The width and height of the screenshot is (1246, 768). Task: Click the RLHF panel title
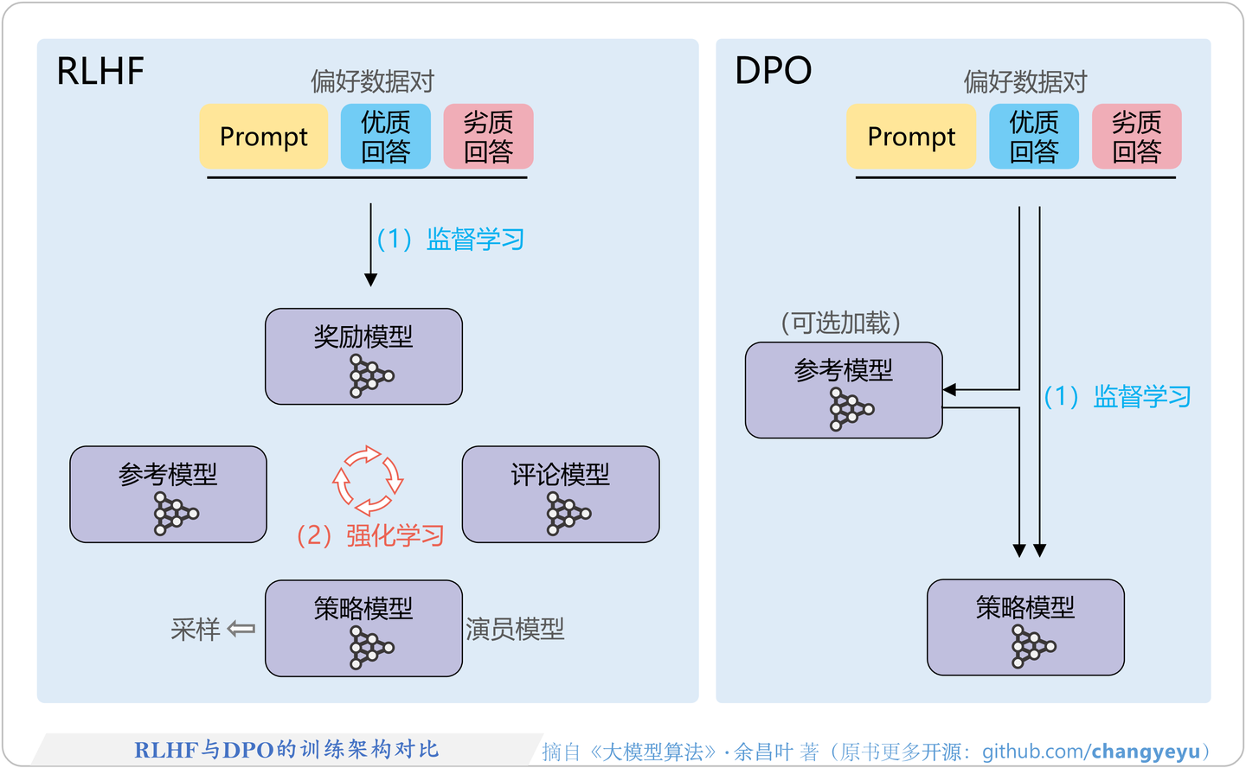[x=100, y=71]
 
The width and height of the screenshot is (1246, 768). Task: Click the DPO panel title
[x=773, y=71]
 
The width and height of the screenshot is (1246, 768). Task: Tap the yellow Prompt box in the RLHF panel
[x=264, y=137]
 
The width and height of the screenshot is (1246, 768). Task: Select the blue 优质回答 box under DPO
[x=1034, y=137]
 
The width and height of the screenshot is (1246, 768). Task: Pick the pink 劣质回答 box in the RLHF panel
[x=488, y=137]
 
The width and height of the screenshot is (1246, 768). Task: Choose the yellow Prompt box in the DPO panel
[x=911, y=137]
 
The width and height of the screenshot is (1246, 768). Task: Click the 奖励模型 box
[x=363, y=356]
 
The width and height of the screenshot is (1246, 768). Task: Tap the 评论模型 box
[x=561, y=494]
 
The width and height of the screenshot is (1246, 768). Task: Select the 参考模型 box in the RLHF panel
[x=168, y=494]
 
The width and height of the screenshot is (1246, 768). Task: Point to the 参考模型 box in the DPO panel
[x=844, y=390]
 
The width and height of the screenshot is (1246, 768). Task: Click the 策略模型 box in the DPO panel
[x=1025, y=627]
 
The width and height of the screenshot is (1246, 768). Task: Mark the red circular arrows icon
[x=368, y=480]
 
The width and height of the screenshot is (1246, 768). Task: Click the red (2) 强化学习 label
[x=370, y=536]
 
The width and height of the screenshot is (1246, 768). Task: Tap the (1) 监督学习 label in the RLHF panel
[x=451, y=240]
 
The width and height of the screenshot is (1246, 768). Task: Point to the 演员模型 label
[x=515, y=629]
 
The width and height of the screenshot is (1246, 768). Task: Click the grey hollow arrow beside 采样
[x=241, y=629]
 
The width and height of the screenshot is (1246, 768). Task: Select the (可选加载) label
[x=841, y=323]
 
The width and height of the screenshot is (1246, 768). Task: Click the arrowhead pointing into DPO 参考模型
[x=949, y=390]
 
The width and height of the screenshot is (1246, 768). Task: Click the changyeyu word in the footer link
[x=1146, y=752]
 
